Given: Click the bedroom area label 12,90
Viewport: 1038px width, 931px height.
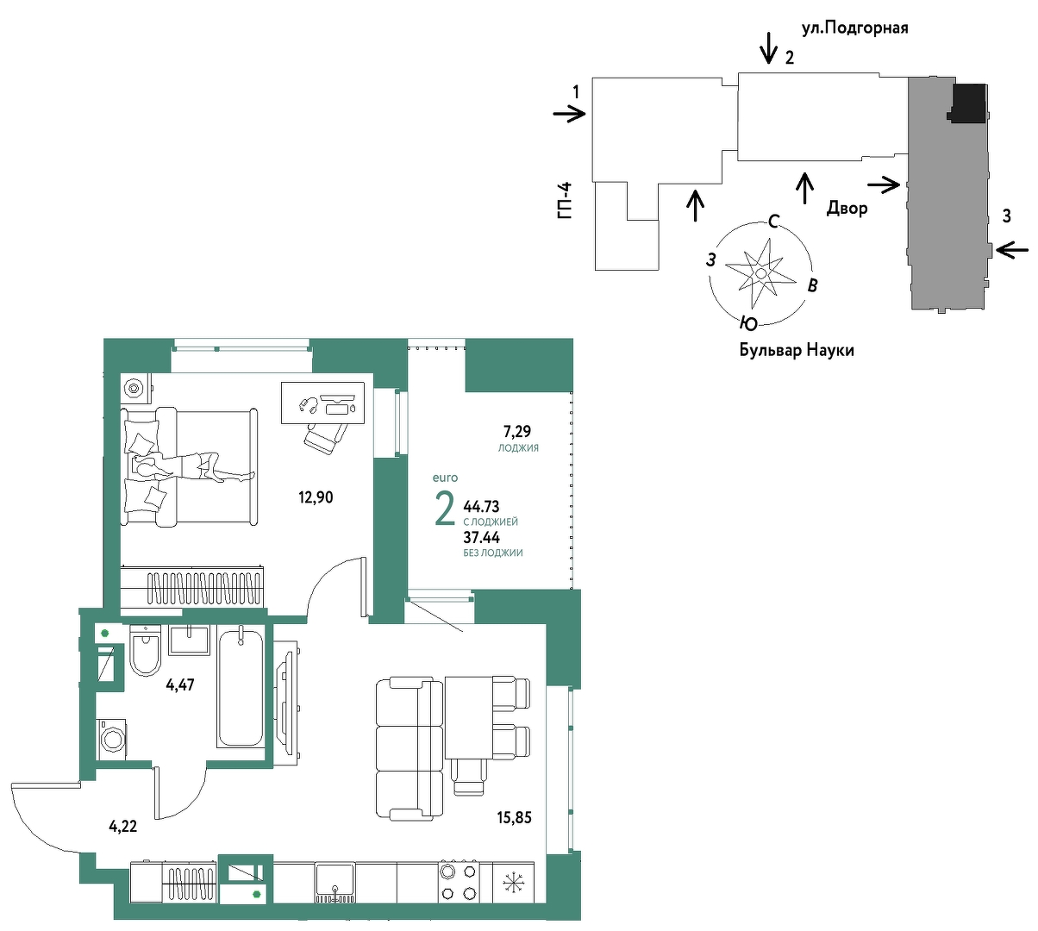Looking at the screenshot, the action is click(316, 497).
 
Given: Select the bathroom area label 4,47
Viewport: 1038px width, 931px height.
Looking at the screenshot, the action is click(180, 684).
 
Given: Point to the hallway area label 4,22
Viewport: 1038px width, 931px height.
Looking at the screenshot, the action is click(123, 826).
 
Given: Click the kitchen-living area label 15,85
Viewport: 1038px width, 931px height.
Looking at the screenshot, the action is click(514, 817).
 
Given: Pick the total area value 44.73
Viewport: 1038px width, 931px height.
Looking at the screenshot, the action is click(481, 506).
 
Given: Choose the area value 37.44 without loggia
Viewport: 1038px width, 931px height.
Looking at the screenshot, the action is click(481, 537).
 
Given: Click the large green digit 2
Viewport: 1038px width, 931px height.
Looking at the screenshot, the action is click(444, 508).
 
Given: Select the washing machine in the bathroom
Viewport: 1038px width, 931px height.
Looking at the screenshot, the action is click(112, 739).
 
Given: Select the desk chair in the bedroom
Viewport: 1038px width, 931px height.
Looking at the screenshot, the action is click(325, 437).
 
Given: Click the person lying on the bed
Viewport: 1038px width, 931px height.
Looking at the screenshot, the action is click(193, 466).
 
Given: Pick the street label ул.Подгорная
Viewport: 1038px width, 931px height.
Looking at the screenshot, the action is click(854, 28).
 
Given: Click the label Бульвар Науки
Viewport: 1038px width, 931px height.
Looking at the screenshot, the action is click(797, 350).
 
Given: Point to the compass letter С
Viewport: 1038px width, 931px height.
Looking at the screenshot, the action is click(773, 222).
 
